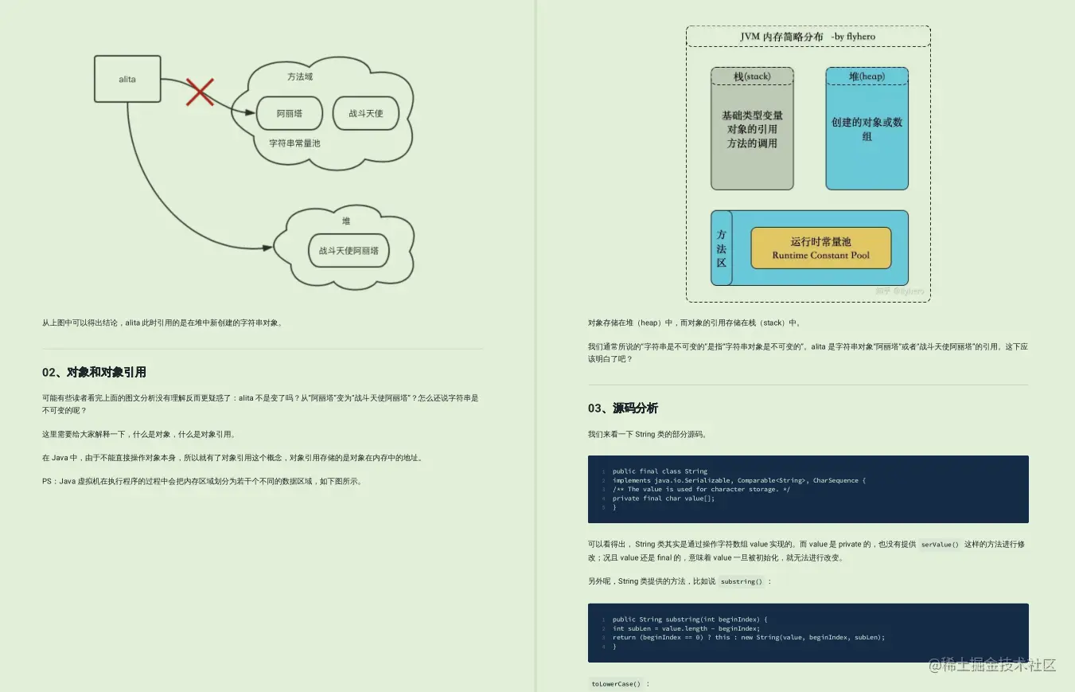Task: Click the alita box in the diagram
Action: click(x=127, y=79)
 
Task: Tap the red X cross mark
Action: click(x=199, y=92)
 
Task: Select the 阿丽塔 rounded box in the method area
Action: click(x=290, y=113)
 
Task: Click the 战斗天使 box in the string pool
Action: click(x=365, y=113)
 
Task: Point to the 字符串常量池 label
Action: click(x=294, y=143)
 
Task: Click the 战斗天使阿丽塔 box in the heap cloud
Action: click(x=349, y=250)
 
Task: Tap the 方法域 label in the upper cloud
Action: click(x=300, y=76)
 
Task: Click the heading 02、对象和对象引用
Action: click(x=94, y=372)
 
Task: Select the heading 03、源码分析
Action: click(x=623, y=408)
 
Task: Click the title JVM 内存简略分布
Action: click(x=781, y=37)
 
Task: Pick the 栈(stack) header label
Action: click(x=752, y=76)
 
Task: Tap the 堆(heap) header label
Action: click(x=867, y=76)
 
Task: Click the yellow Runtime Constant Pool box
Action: click(x=820, y=248)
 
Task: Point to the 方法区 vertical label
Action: click(x=721, y=248)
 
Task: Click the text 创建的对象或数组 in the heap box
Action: click(x=867, y=129)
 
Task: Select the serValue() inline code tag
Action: click(x=939, y=545)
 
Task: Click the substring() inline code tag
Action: click(x=742, y=581)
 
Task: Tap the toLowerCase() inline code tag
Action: click(x=615, y=683)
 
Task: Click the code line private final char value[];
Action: click(x=663, y=498)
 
